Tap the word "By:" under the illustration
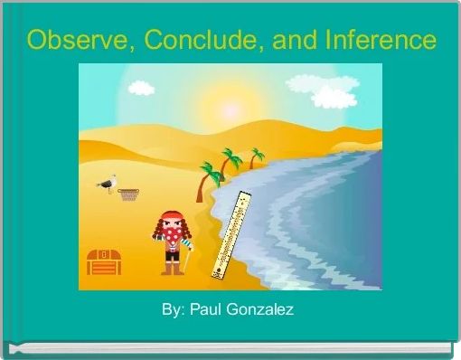click(x=173, y=310)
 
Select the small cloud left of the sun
click(x=141, y=88)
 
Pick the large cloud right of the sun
click(x=333, y=96)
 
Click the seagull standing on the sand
click(x=108, y=184)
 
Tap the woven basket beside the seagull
click(x=129, y=194)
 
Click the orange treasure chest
click(x=103, y=261)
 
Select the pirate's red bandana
click(x=171, y=218)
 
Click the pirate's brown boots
click(x=172, y=268)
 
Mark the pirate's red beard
click(x=173, y=241)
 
